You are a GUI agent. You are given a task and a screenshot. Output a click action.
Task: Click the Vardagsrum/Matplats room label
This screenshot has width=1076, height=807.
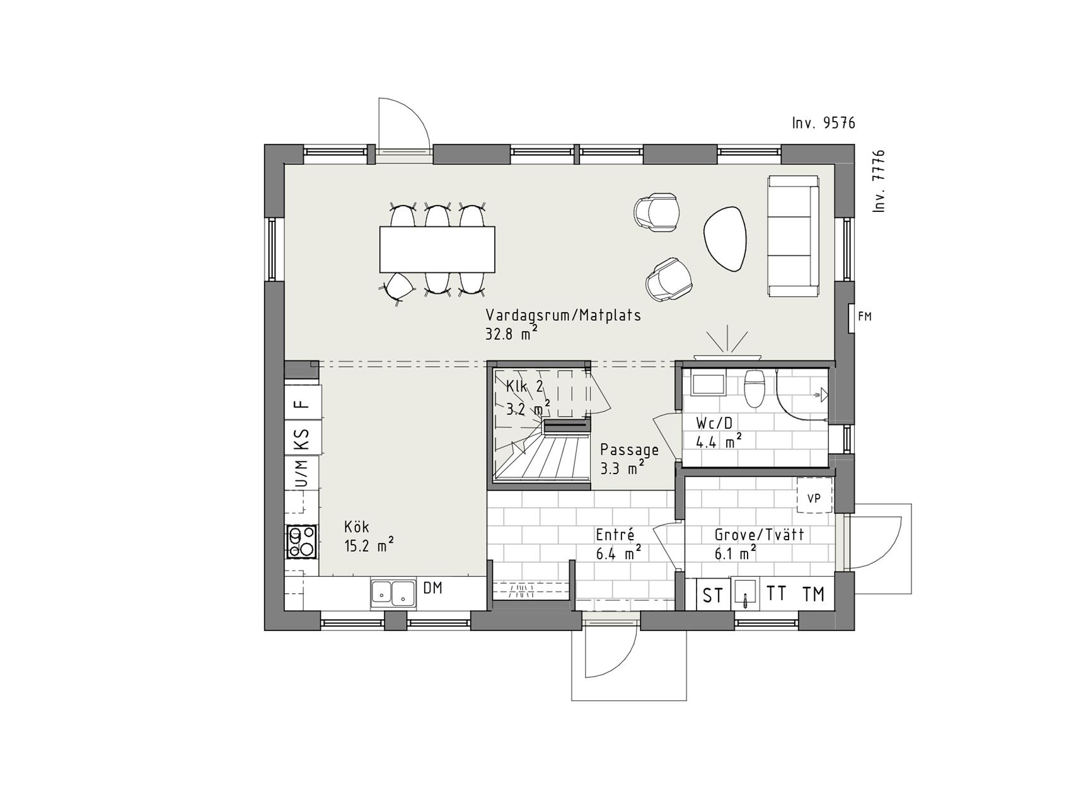click(x=563, y=315)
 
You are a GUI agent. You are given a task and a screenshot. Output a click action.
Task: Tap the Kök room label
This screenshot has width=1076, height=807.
click(x=357, y=526)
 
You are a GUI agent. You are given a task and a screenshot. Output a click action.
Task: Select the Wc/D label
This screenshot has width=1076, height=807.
click(x=714, y=423)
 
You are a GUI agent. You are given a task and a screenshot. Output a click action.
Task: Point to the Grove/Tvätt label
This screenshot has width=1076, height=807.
click(x=759, y=535)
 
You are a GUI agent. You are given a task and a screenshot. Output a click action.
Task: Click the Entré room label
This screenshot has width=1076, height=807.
click(x=615, y=535)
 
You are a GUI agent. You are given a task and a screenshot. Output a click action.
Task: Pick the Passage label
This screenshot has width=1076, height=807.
click(x=629, y=450)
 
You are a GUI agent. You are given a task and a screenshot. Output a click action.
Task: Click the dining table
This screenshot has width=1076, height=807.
click(x=437, y=249)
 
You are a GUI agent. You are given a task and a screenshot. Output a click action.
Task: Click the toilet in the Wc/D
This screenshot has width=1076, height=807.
click(x=754, y=389)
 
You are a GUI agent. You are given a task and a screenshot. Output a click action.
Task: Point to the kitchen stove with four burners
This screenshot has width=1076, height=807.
click(x=302, y=542)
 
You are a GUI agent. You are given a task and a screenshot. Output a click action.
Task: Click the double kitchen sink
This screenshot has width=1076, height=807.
click(x=393, y=593)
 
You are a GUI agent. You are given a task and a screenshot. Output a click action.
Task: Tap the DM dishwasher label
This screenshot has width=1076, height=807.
click(x=432, y=588)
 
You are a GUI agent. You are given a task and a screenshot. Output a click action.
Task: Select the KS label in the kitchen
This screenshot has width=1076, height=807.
click(x=303, y=440)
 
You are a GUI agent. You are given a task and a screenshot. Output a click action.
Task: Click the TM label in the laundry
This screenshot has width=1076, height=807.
click(x=813, y=594)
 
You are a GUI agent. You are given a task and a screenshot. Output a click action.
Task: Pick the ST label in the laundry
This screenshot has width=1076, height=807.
click(x=713, y=595)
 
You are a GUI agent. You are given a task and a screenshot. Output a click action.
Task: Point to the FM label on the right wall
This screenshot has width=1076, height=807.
click(x=865, y=316)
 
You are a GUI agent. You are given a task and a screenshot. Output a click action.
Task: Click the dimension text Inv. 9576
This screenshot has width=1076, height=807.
click(x=824, y=123)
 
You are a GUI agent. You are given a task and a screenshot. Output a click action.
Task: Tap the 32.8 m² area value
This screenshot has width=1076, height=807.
click(x=511, y=334)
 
